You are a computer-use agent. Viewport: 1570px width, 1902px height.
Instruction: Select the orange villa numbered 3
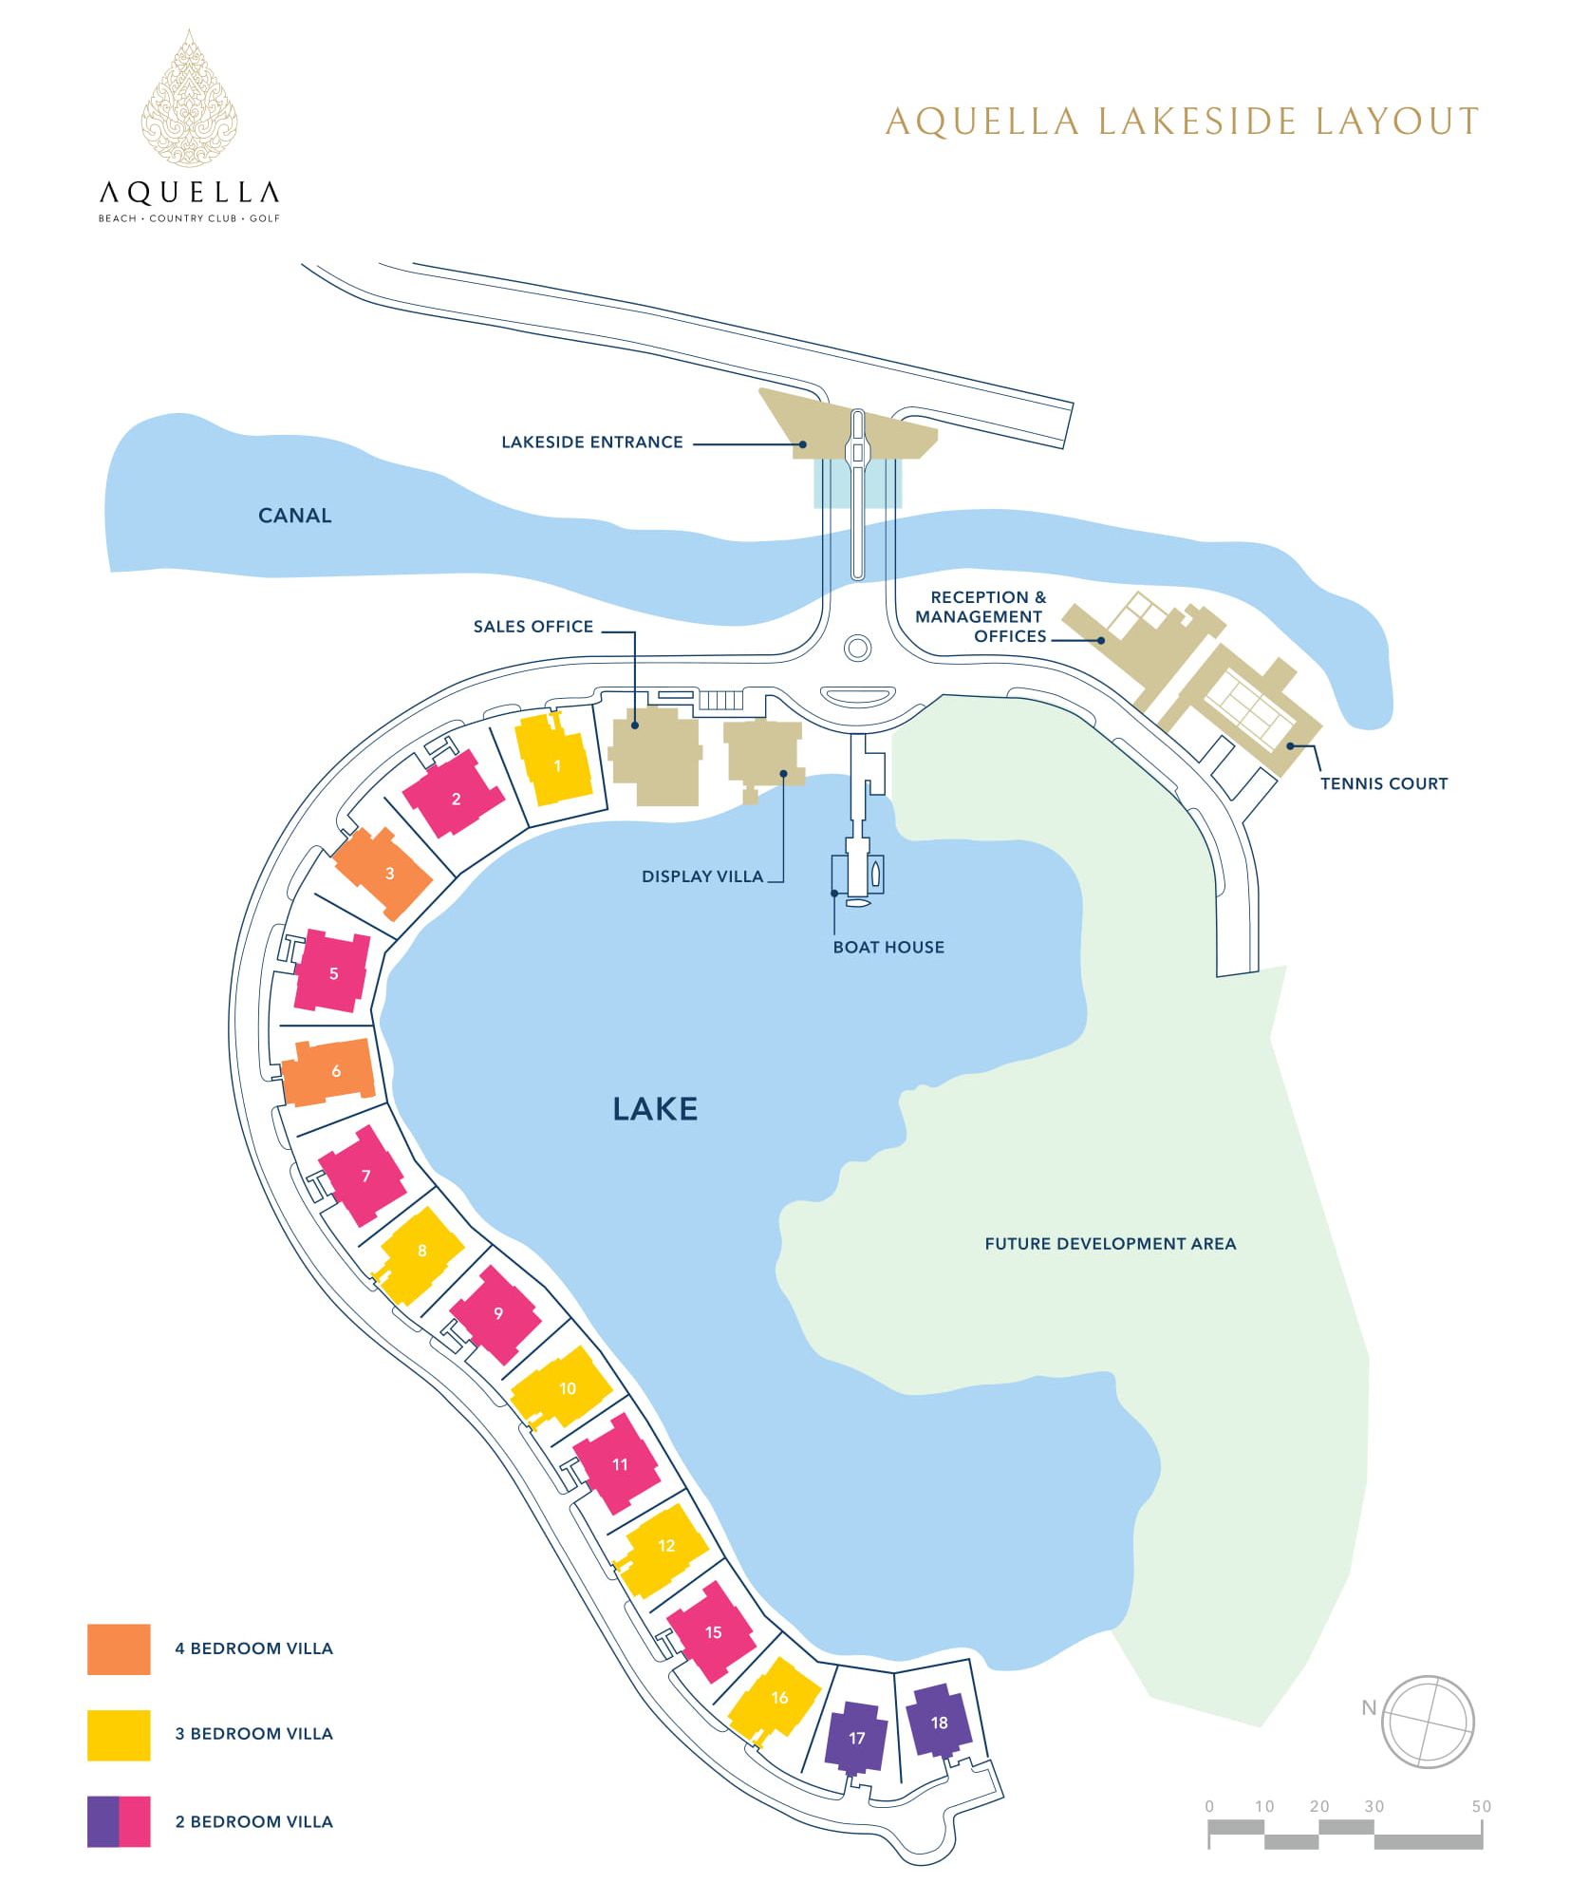(x=383, y=872)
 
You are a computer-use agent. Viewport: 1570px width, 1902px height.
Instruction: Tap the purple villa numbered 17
(x=856, y=1737)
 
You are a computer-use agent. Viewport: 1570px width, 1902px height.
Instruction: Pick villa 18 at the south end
(x=939, y=1722)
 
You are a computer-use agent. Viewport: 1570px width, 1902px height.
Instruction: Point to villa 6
(x=329, y=1071)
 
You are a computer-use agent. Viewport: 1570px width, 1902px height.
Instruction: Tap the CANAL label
(x=295, y=516)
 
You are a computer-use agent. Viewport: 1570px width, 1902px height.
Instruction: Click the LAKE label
(x=655, y=1109)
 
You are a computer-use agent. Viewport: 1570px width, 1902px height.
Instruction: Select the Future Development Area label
(x=1110, y=1243)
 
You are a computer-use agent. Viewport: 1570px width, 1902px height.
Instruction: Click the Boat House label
(x=888, y=947)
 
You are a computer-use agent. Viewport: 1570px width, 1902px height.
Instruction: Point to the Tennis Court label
(x=1384, y=783)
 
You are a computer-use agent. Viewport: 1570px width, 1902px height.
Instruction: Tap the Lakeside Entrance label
(x=592, y=442)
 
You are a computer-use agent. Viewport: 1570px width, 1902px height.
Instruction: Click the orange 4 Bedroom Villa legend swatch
(x=119, y=1648)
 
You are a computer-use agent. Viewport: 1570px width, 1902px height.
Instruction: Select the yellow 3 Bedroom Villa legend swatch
(x=119, y=1735)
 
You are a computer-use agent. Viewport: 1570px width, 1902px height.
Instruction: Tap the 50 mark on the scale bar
(x=1481, y=1806)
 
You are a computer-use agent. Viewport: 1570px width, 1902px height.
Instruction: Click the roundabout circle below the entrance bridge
(x=858, y=649)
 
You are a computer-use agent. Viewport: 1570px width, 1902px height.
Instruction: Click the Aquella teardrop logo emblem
(x=189, y=98)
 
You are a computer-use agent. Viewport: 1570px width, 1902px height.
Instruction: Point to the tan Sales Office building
(x=655, y=759)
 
